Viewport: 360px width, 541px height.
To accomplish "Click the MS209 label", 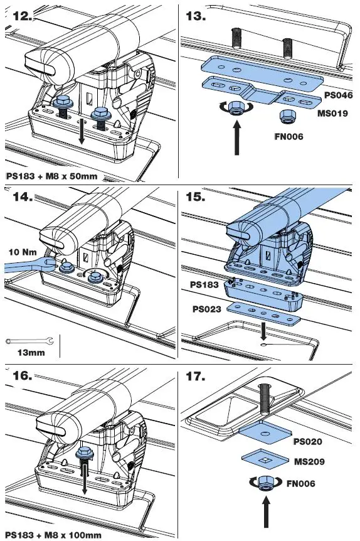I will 313,461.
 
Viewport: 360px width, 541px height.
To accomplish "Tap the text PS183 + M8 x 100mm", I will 53,534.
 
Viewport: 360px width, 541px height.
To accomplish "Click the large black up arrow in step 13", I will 238,137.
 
